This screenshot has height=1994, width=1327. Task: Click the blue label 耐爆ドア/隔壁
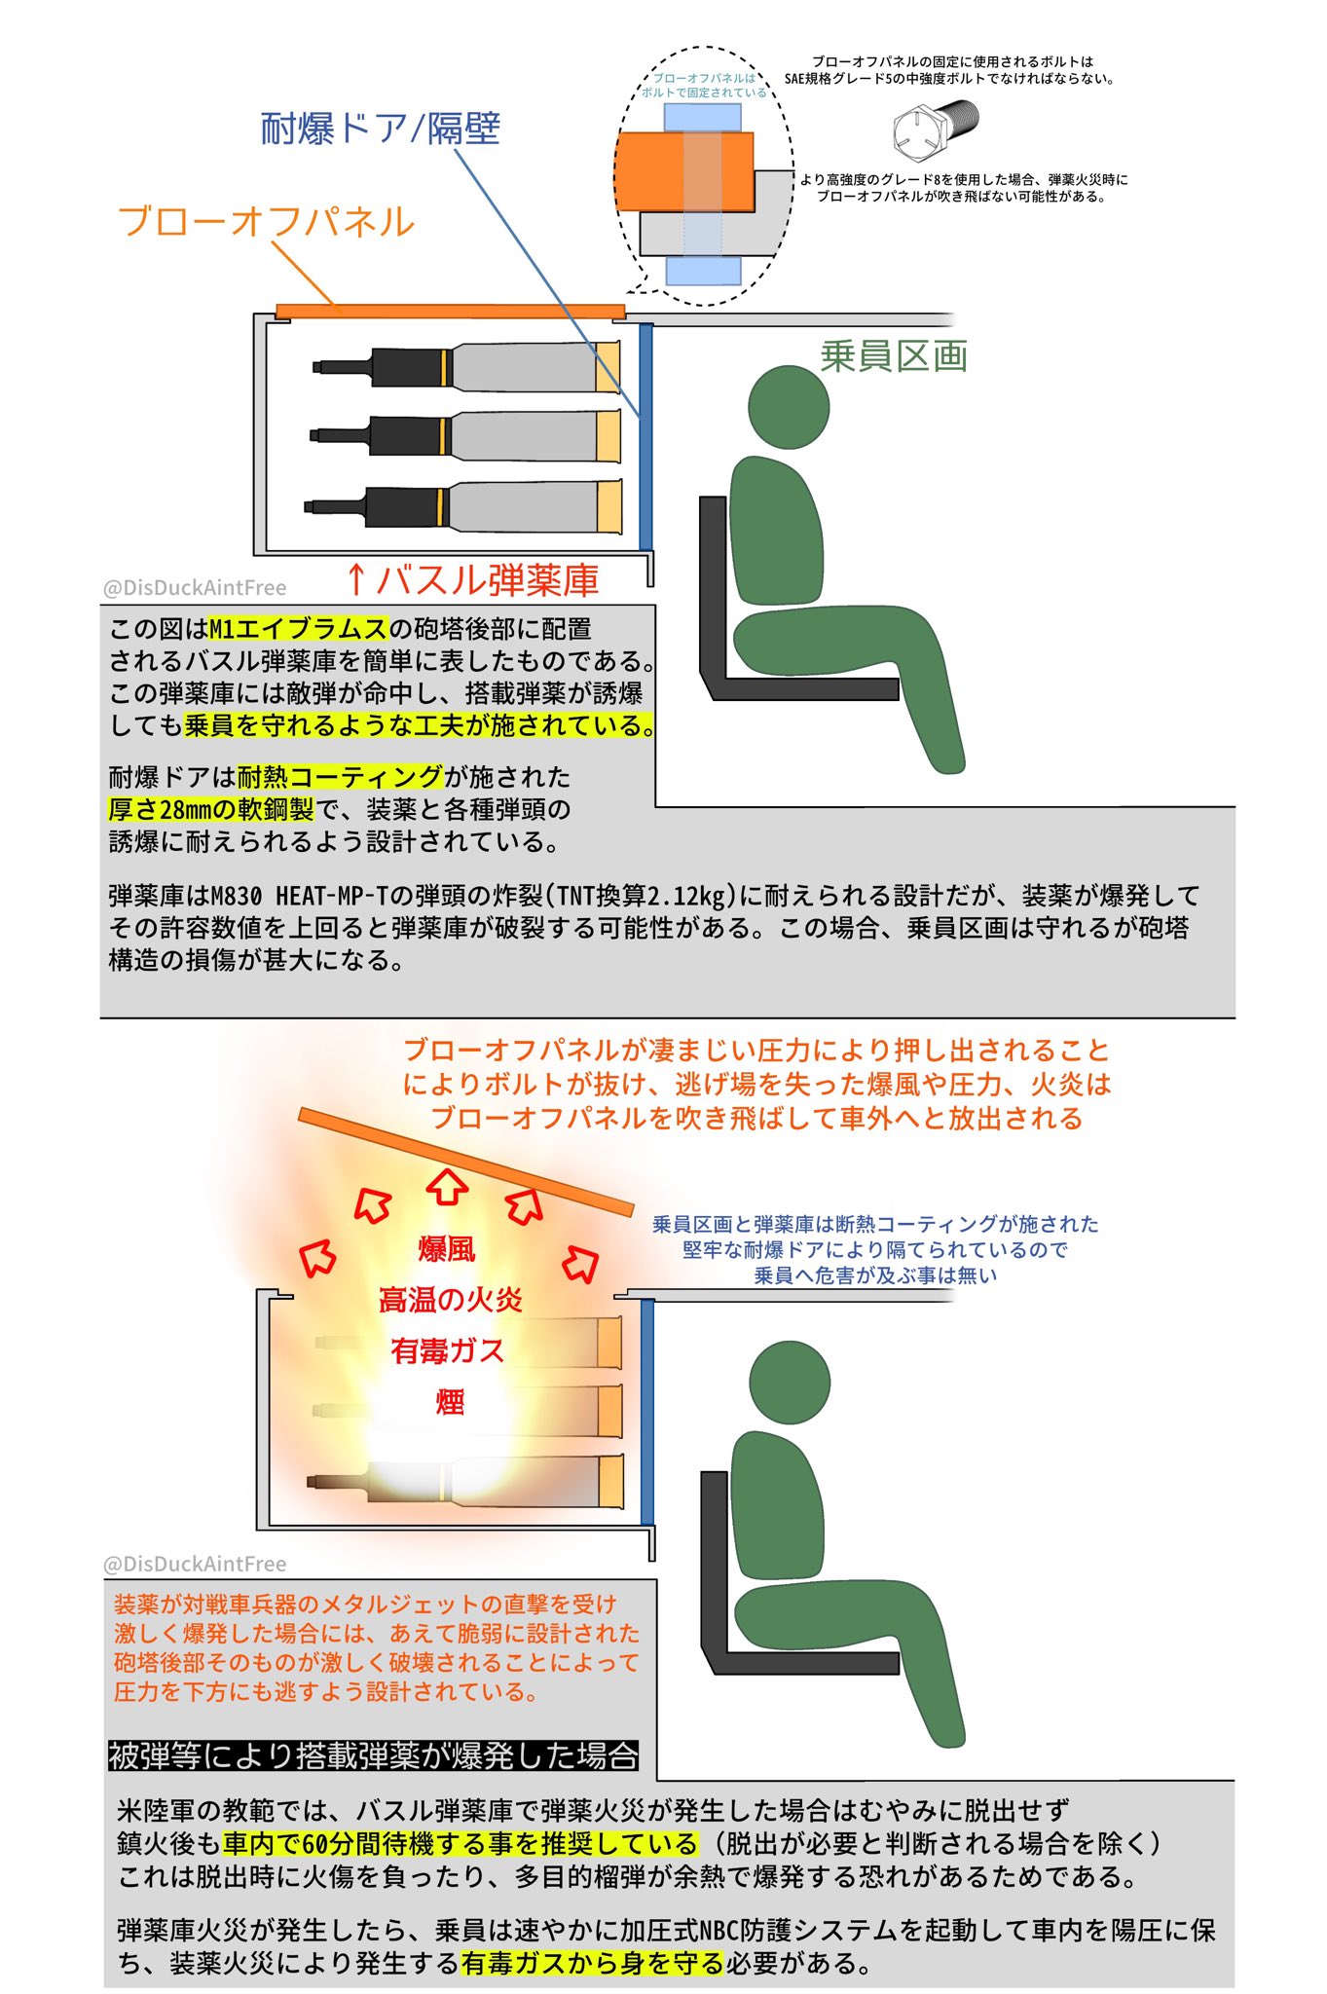pos(380,129)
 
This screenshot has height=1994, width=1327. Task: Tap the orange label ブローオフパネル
pos(266,221)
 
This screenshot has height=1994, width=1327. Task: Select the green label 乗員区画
pos(894,356)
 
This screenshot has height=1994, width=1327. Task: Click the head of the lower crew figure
pos(790,1382)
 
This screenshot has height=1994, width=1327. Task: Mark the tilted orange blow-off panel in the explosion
pos(465,1162)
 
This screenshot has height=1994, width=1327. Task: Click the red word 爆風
pos(447,1249)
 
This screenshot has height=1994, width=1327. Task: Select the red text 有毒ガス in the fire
pos(448,1350)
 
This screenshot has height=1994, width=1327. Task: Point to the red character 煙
pos(450,1402)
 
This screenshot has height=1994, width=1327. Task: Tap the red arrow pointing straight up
pos(448,1185)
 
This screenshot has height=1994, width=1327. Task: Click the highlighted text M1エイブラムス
pos(299,629)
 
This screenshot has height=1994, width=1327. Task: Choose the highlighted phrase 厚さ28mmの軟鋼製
pos(211,809)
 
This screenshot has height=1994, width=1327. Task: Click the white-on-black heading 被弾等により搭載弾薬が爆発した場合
pos(374,1755)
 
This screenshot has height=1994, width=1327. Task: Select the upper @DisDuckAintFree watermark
pos(195,587)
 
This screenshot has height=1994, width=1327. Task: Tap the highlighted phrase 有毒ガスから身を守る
pos(593,1963)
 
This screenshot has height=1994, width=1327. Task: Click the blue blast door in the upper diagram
pos(645,437)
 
